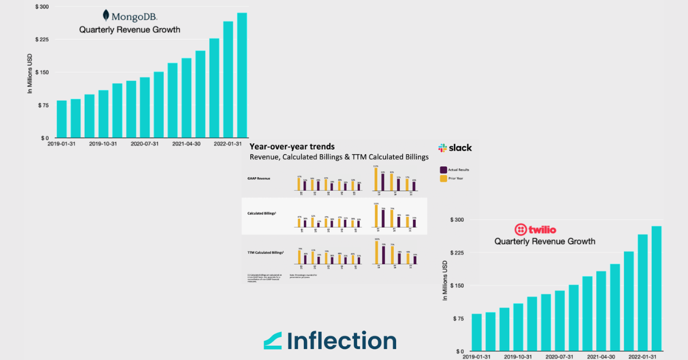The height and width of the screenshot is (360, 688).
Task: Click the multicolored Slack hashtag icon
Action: click(x=443, y=148)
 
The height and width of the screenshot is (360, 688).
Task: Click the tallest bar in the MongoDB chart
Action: click(x=242, y=75)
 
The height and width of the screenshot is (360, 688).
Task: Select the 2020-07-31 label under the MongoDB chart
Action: click(x=144, y=144)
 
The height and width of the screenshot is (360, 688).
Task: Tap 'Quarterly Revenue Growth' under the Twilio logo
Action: click(x=545, y=241)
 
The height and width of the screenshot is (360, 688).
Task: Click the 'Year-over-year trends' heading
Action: click(x=292, y=147)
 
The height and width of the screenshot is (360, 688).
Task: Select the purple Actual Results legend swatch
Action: click(x=443, y=170)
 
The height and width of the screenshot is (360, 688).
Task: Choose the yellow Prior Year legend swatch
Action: click(x=443, y=179)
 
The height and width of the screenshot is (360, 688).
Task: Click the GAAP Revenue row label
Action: click(x=259, y=178)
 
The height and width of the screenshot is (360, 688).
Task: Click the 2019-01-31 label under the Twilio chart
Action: click(x=477, y=357)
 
